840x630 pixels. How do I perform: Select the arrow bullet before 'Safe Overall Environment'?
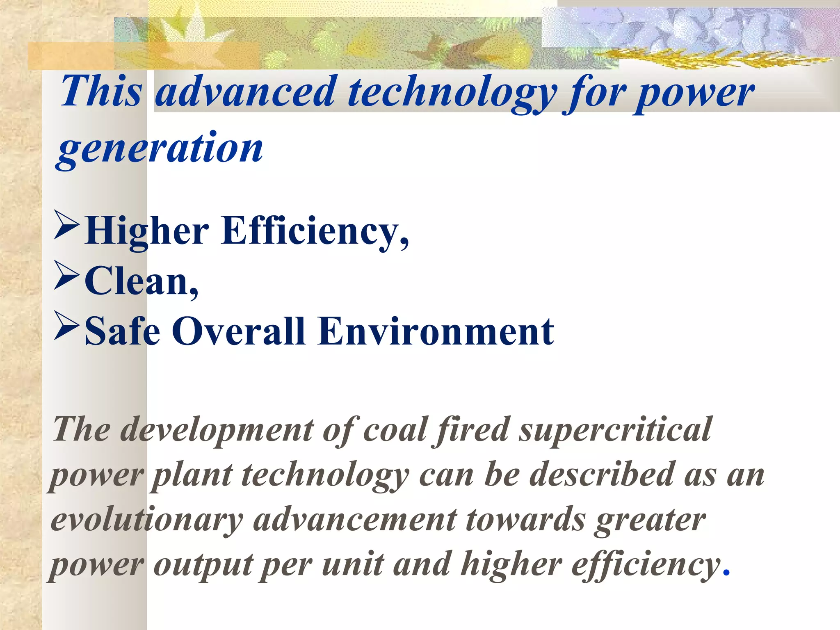click(66, 326)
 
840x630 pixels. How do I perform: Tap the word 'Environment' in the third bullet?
click(436, 331)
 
